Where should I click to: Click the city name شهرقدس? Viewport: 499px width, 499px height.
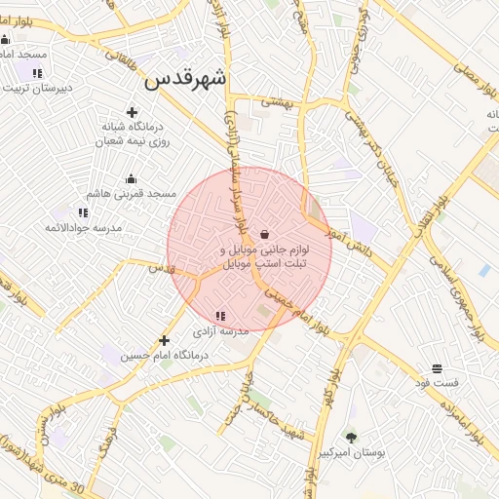186,80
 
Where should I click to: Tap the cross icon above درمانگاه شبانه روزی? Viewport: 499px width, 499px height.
132,112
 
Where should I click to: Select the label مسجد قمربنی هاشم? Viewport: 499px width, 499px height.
132,194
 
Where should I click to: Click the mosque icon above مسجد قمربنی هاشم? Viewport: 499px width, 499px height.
132,178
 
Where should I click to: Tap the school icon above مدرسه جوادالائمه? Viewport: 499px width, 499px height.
82,211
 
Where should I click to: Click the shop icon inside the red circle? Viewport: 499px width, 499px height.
265,234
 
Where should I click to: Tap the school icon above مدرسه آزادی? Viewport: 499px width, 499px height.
220,316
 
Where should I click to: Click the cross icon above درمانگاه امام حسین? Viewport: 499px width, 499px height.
164,340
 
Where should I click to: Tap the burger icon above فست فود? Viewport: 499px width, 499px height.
437,368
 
